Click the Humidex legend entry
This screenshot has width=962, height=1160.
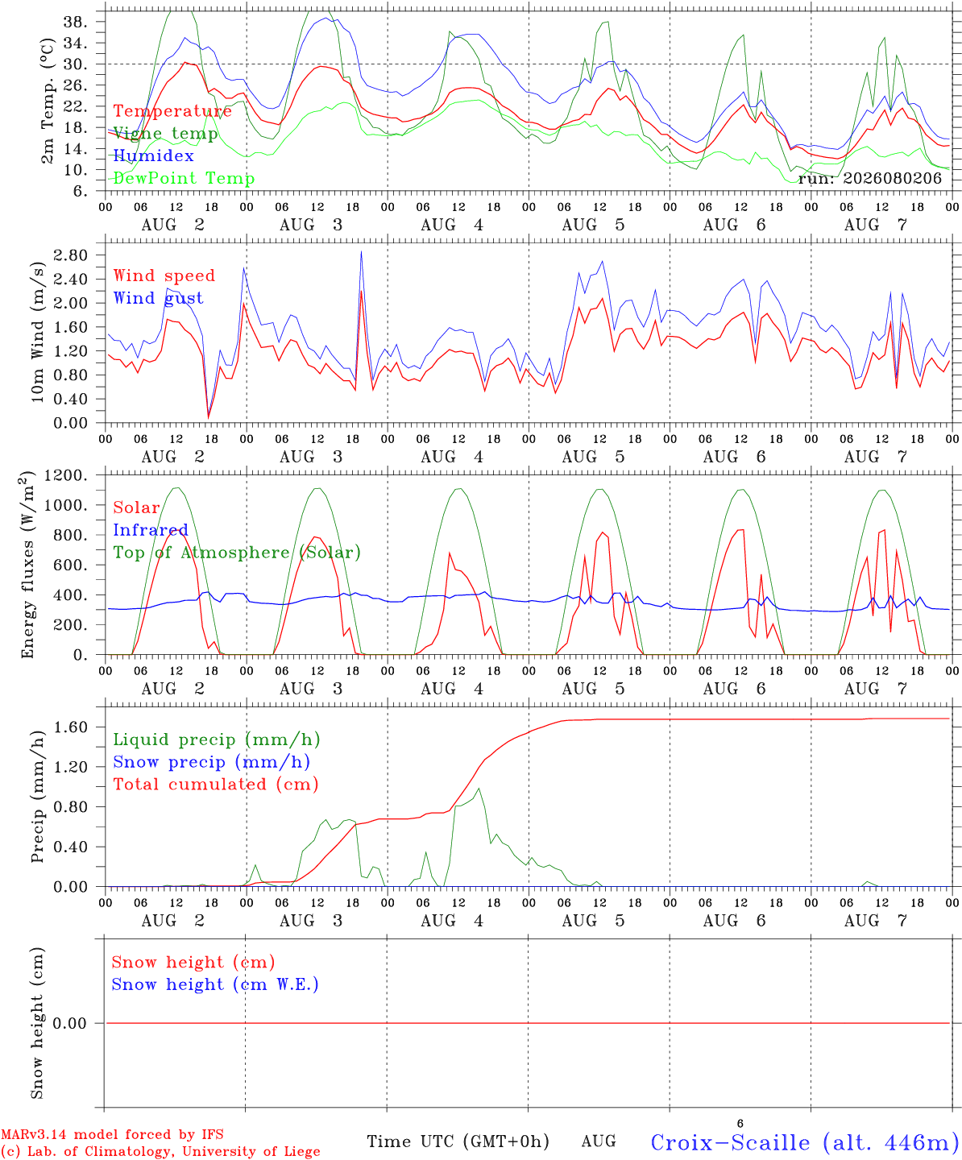(153, 155)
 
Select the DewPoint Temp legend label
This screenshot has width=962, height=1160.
(184, 178)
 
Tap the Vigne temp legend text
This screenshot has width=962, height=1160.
(165, 134)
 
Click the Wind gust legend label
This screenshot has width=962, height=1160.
(158, 298)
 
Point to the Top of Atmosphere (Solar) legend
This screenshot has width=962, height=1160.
(238, 553)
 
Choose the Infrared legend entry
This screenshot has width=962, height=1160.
(151, 530)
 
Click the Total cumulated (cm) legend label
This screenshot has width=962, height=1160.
(216, 785)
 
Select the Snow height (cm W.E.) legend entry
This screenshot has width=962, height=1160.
(215, 984)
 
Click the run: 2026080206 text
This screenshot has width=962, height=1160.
(870, 178)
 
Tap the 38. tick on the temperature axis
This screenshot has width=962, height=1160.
(76, 23)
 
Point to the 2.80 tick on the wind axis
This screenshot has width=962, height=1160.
(71, 255)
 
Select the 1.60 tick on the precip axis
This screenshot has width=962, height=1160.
(71, 727)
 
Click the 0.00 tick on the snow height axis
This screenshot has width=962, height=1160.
(69, 1023)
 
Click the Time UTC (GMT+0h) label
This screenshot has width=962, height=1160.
(458, 1141)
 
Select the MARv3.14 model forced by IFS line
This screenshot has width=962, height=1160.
(113, 1134)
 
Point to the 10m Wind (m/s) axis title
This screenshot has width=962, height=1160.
(37, 331)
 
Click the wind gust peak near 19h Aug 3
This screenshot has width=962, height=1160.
(361, 251)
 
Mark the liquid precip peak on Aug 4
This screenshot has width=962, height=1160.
(479, 789)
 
